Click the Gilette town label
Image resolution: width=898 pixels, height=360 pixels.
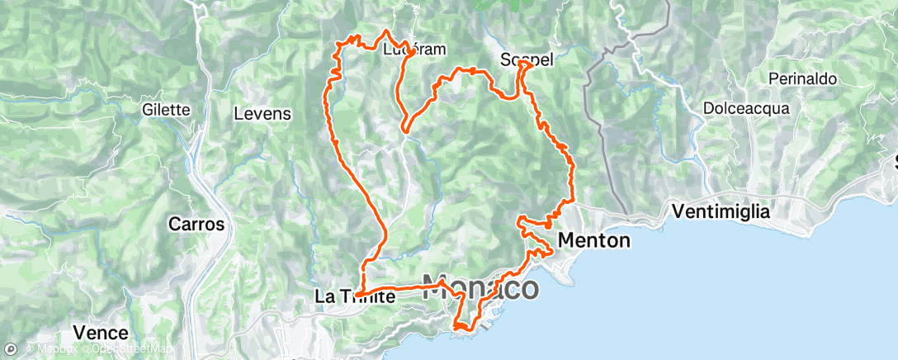click(166, 110)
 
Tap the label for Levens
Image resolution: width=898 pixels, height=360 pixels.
click(262, 114)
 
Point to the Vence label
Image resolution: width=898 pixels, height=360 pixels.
click(100, 333)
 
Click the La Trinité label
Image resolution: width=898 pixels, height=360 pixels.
click(353, 296)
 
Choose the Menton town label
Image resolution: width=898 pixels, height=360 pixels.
click(594, 240)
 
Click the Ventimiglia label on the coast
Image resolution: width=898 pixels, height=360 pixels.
click(721, 211)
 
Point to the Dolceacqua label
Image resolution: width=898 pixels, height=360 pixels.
click(746, 108)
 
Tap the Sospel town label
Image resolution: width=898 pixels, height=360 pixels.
click(526, 60)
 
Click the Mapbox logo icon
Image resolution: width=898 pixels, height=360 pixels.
click(11, 349)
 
